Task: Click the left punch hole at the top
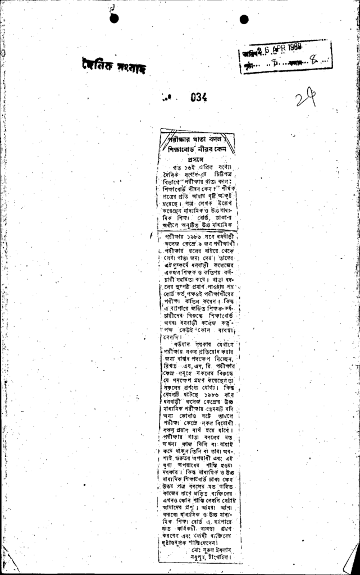[x=115, y=18]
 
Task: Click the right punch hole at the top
[x=244, y=20]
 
